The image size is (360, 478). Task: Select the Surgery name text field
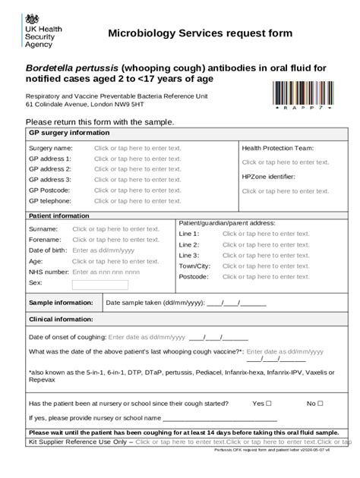[137, 148]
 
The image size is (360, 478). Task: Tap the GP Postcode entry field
[137, 190]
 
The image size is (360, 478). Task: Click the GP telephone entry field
[137, 201]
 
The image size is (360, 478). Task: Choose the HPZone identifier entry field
[286, 191]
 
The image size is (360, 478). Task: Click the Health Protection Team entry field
[286, 162]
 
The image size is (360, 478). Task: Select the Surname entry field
[115, 228]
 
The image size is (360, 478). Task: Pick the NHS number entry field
[106, 271]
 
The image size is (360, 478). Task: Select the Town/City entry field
[266, 266]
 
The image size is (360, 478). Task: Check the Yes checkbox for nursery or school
[270, 403]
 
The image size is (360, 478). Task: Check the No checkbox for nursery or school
[320, 403]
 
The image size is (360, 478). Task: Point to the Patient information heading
[58, 215]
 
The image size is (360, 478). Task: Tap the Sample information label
[61, 302]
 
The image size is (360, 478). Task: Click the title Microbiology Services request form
[200, 33]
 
